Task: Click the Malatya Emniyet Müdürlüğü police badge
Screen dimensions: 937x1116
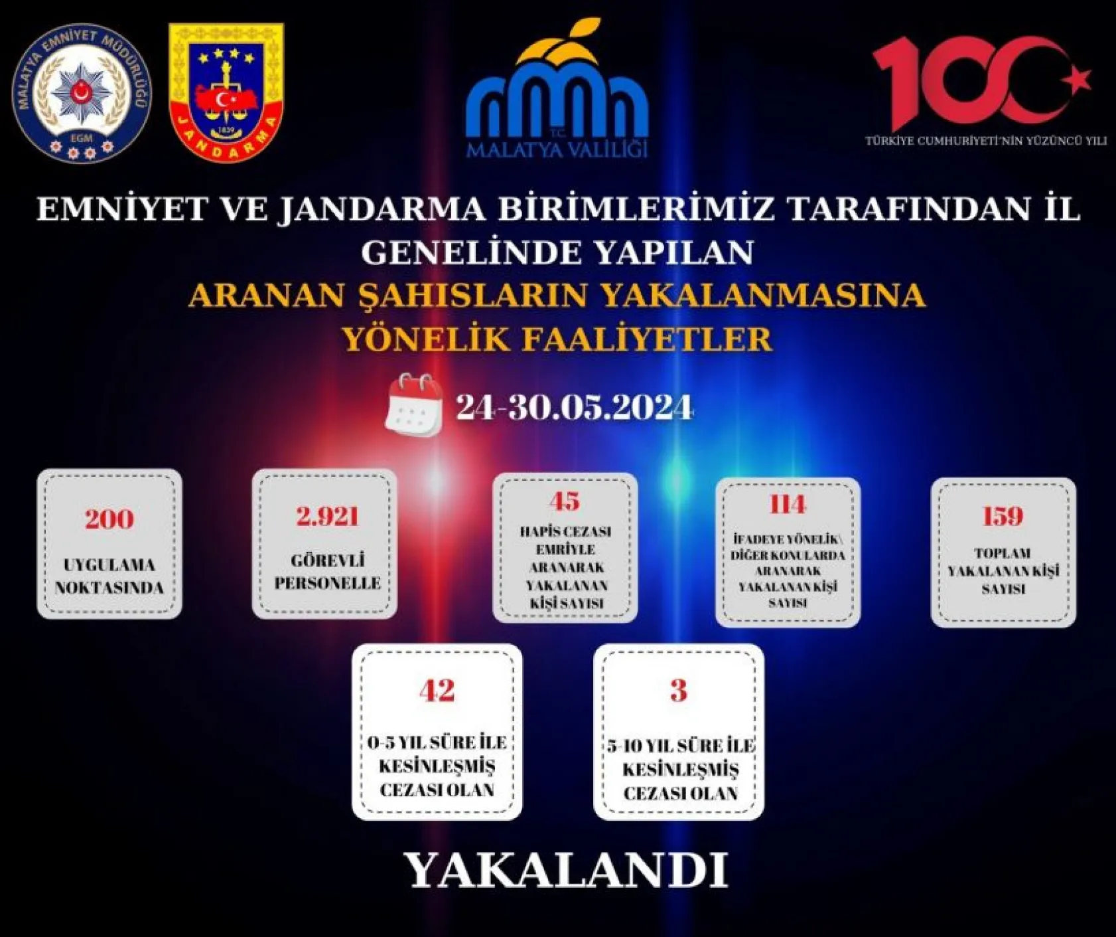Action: pos(82,94)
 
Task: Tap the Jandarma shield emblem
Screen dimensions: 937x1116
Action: pos(226,92)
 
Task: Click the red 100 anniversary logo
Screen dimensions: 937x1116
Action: pos(969,82)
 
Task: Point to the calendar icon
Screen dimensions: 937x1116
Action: pos(414,404)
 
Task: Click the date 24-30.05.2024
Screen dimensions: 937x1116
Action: pos(574,407)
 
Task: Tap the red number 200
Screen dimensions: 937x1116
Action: pos(109,519)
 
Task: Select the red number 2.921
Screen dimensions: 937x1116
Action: pos(327,516)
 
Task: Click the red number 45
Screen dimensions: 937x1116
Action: pos(565,501)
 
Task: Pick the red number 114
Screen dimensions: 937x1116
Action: pos(788,505)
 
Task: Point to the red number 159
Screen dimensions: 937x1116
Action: pos(1003,516)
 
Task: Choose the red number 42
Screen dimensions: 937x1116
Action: pos(437,691)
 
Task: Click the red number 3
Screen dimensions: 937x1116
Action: pos(678,691)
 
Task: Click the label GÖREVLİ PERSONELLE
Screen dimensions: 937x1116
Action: pos(327,572)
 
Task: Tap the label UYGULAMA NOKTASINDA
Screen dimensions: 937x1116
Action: pos(109,576)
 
